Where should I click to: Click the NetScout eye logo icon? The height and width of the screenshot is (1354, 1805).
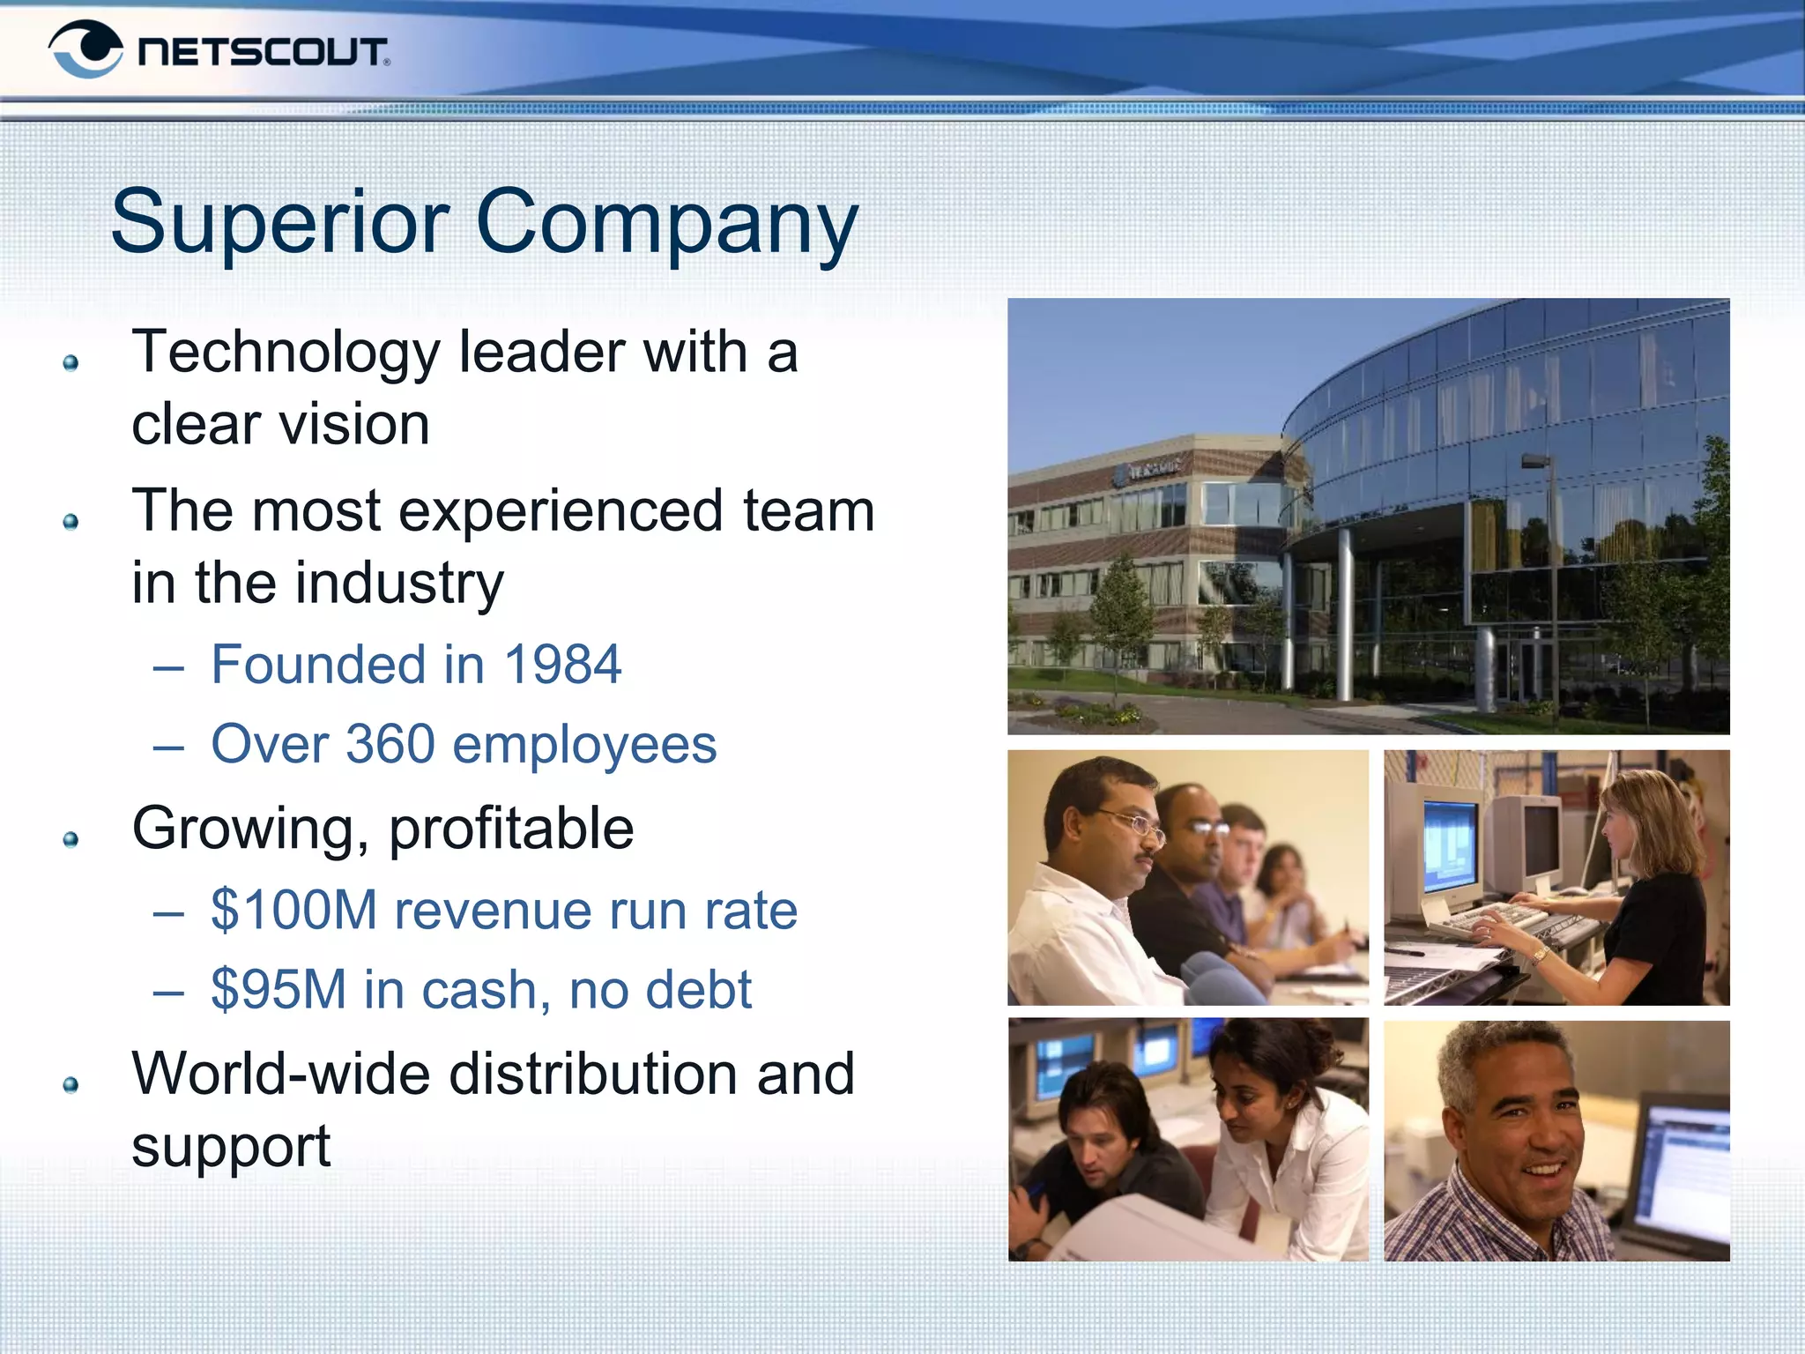coord(85,49)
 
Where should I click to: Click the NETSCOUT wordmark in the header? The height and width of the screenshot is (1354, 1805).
coord(263,52)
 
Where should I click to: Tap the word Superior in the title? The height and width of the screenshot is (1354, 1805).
coord(280,222)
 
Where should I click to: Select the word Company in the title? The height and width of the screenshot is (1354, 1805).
coord(666,224)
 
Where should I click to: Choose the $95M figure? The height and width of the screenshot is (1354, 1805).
coord(279,989)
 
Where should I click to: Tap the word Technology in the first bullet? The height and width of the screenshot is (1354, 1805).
coord(286,353)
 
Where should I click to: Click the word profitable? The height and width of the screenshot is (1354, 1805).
coord(511,829)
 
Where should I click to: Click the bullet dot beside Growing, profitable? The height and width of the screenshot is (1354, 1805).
coord(71,839)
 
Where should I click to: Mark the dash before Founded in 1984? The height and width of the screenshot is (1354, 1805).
coord(167,667)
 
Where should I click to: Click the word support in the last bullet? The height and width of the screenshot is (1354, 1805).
coord(231,1146)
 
